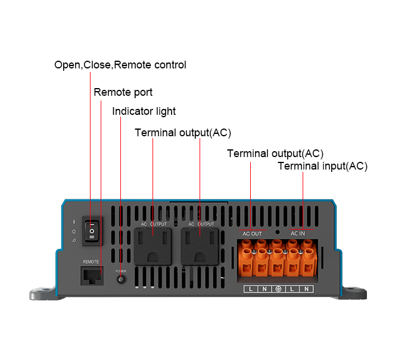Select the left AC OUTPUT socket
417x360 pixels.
[x=153, y=246]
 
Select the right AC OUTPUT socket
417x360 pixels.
[x=200, y=246]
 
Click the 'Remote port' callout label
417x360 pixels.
[x=123, y=92]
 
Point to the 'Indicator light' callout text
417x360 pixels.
[x=144, y=111]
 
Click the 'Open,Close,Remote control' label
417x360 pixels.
[x=120, y=65]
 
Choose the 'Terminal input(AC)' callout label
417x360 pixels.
[x=322, y=166]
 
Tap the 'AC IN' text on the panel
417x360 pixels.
[x=298, y=234]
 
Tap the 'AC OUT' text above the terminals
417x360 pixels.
[x=252, y=234]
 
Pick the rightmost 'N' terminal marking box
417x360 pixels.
[x=306, y=289]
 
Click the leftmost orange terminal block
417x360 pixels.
[x=248, y=262]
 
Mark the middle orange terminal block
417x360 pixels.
[x=277, y=262]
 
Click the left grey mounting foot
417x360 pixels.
[x=45, y=293]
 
